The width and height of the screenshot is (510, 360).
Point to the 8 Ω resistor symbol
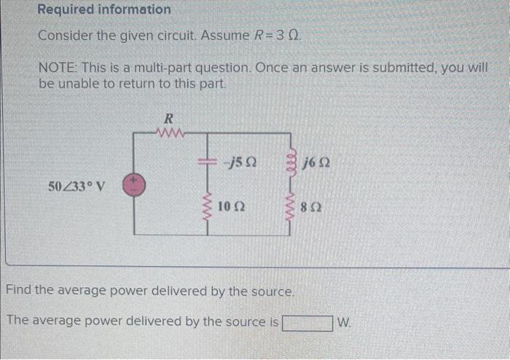294,207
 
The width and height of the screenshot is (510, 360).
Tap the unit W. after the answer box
345,321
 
